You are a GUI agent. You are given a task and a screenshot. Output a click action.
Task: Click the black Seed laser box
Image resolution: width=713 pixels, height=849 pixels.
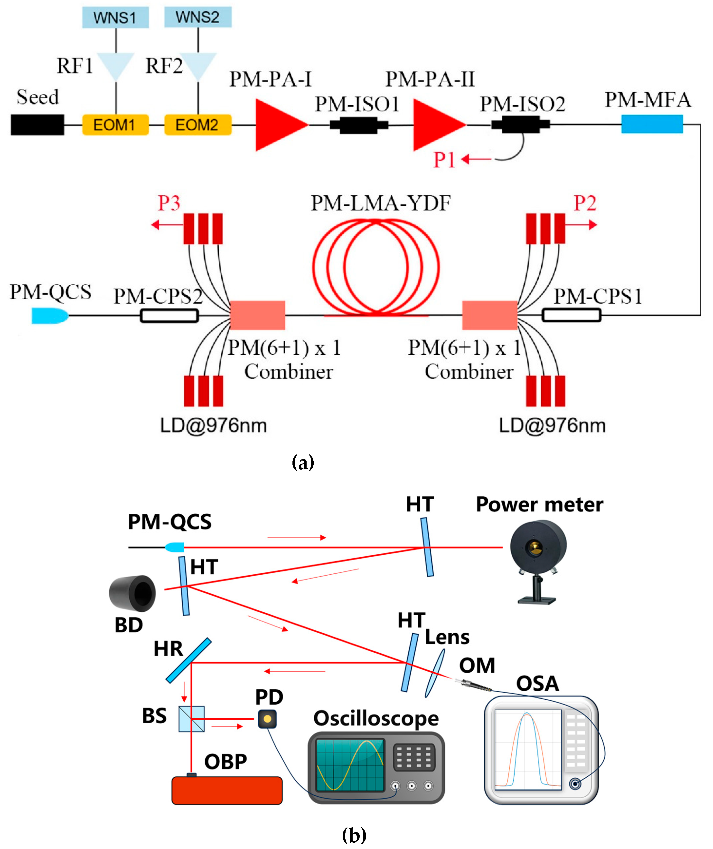tap(37, 125)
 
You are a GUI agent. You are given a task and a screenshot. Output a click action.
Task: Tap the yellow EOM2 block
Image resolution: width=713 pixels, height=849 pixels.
tap(198, 125)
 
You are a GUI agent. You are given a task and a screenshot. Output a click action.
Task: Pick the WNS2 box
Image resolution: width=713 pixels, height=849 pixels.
tap(198, 17)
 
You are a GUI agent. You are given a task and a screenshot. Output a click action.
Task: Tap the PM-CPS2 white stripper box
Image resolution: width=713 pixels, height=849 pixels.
tap(169, 316)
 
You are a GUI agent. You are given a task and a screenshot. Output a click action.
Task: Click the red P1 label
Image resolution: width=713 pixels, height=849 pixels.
tap(444, 160)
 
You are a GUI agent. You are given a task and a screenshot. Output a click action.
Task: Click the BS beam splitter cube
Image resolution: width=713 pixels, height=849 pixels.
tap(192, 719)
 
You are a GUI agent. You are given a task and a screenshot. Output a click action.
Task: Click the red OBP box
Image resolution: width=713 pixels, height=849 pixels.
tap(227, 790)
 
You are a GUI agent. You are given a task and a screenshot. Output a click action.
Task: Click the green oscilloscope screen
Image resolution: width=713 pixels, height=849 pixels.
tap(350, 764)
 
